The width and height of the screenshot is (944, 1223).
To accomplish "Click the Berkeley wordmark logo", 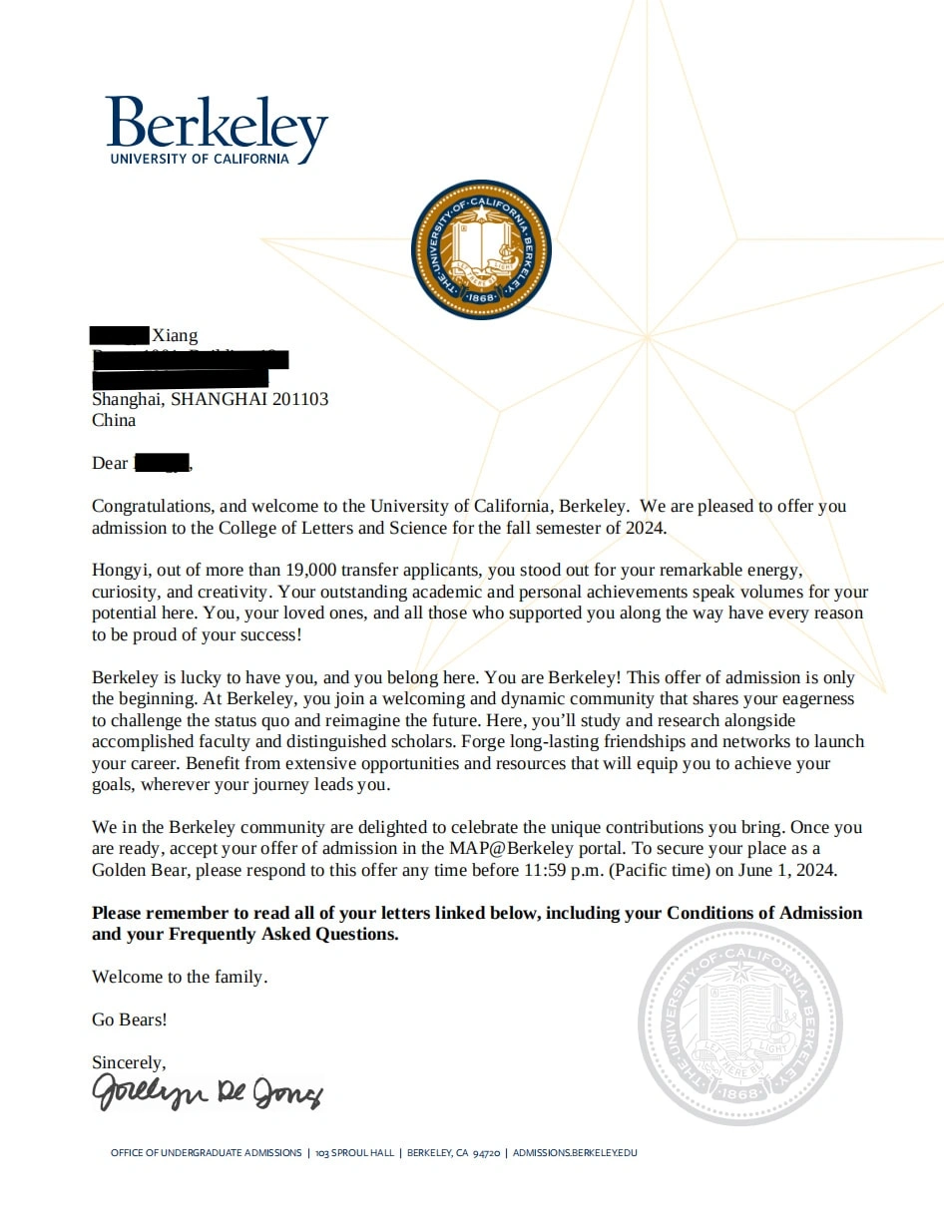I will [x=217, y=125].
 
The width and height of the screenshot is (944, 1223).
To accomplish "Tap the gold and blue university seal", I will [x=481, y=249].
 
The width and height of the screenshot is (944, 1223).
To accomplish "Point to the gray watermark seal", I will [x=740, y=1024].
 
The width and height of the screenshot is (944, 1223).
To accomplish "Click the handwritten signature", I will [x=208, y=1091].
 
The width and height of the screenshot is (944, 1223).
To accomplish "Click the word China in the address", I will [x=114, y=420].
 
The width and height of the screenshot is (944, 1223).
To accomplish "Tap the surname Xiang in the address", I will [x=175, y=335].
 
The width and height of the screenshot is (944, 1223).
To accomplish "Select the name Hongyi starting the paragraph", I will [x=118, y=571].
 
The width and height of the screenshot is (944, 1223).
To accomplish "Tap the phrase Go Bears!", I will [x=130, y=1019].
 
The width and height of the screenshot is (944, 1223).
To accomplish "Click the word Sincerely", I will [x=129, y=1062].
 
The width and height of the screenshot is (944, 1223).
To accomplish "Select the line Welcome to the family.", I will [x=180, y=977].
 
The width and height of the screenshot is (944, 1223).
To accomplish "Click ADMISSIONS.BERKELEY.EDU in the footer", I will [x=574, y=1153].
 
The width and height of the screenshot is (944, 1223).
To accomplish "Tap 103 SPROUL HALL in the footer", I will [x=354, y=1153].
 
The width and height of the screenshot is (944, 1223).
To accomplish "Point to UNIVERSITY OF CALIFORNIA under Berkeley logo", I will [x=200, y=159].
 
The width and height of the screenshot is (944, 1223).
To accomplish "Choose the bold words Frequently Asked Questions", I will [x=283, y=935].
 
